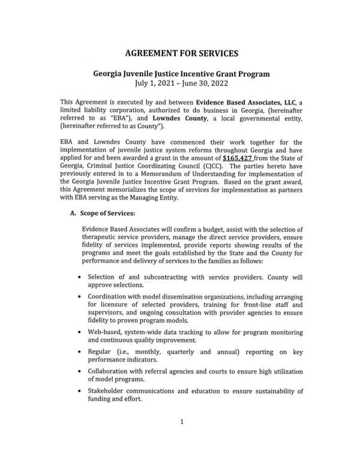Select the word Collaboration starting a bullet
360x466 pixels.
[112, 371]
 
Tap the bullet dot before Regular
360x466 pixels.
[80, 352]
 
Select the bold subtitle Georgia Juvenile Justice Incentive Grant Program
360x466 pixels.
[181, 74]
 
